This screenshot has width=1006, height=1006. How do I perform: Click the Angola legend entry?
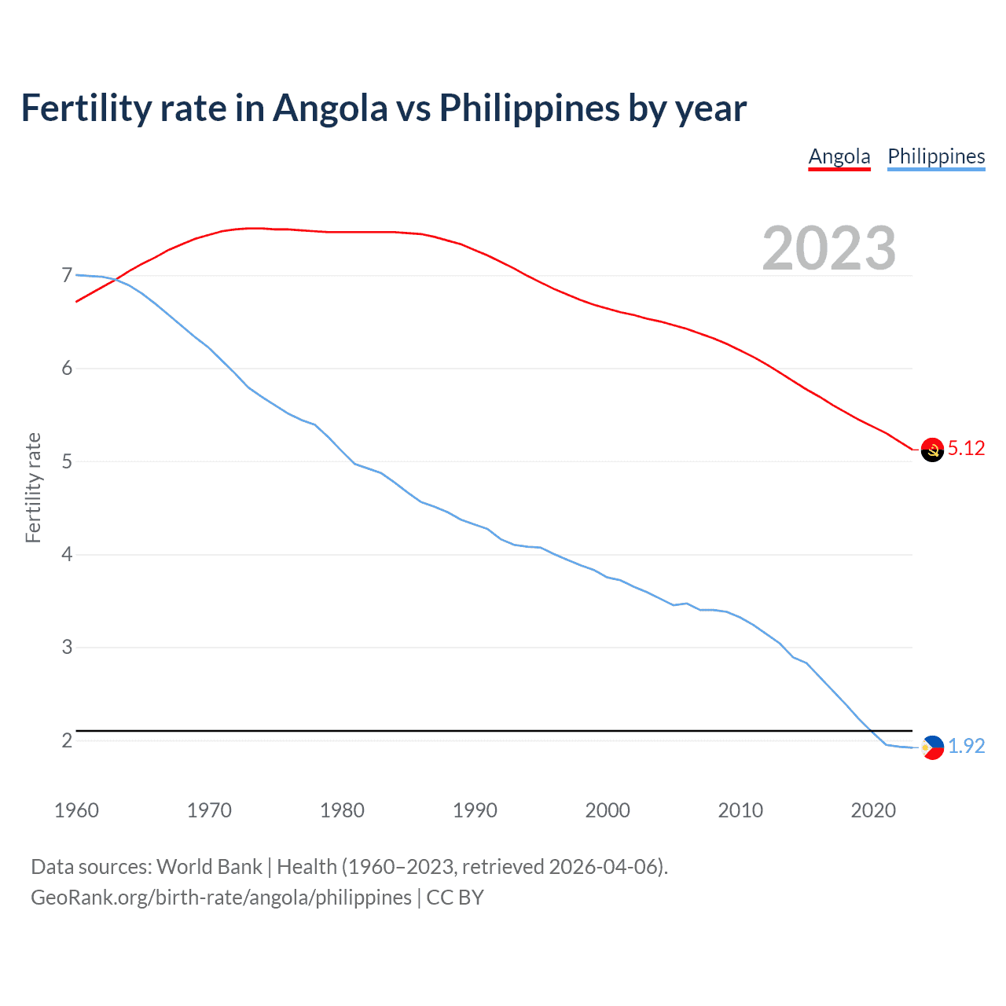pos(839,156)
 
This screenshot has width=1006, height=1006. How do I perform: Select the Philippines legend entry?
pos(936,156)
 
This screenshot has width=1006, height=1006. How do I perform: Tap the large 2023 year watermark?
pos(829,248)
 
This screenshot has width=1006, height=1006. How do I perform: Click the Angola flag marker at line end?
pos(932,450)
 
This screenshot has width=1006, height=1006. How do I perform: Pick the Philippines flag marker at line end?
pos(932,747)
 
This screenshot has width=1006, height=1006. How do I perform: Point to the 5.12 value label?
pos(966,448)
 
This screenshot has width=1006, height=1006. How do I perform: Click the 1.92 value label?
pos(966,746)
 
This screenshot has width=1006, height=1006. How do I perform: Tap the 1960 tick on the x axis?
pos(76,810)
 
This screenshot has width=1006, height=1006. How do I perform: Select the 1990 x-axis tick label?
pos(475,810)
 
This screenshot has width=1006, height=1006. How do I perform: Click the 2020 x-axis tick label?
pos(873,810)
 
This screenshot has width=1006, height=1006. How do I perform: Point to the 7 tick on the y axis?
pos(67,276)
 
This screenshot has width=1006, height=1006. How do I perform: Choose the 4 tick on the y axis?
pos(67,555)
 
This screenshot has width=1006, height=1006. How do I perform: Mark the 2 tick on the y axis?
pos(67,740)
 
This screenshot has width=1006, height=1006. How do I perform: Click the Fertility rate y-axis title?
pos(33,487)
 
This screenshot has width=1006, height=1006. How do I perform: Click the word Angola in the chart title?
pos(330,108)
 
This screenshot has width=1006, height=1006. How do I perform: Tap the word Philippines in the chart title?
pos(529,108)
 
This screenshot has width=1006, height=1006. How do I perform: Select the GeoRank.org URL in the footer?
pos(221,898)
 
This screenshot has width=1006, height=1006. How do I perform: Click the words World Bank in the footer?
pos(209,867)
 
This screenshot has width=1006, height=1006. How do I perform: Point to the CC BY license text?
pos(455,898)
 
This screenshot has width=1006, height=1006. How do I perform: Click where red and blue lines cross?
pos(115,280)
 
